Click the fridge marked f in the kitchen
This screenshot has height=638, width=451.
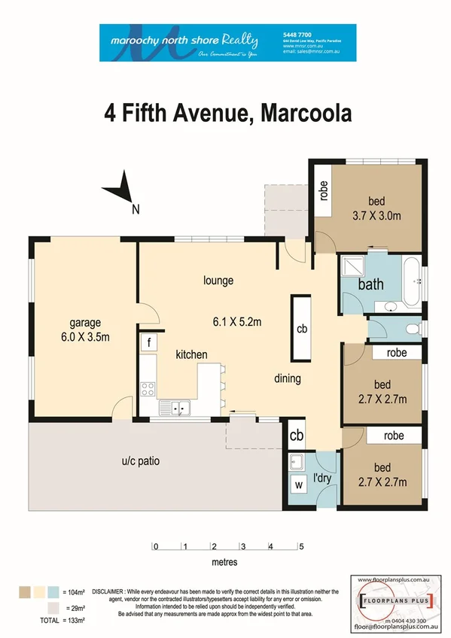pos(148,342)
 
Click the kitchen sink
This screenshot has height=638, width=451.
pos(180,409)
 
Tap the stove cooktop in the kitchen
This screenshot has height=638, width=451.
pos(148,389)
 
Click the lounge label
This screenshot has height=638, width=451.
pos(218,281)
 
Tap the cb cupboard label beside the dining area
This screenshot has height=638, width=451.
pos(302,329)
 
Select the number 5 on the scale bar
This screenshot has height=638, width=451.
pos(300,547)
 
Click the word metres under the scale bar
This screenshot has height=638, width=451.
pos(224,561)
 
